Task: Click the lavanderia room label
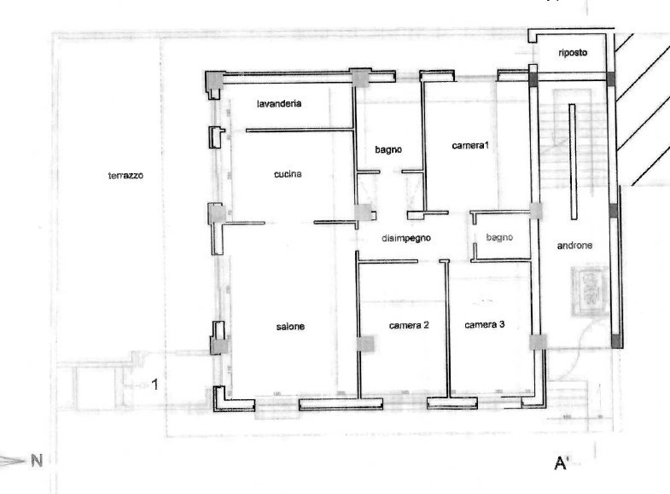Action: pyautogui.click(x=281, y=103)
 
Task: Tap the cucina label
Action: pyautogui.click(x=288, y=174)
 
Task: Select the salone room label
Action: pyautogui.click(x=290, y=326)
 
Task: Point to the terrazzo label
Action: pyautogui.click(x=125, y=176)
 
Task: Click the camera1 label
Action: pyautogui.click(x=470, y=146)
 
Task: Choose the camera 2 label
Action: pyautogui.click(x=408, y=325)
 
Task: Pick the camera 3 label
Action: pyautogui.click(x=485, y=324)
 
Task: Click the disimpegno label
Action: pyautogui.click(x=406, y=239)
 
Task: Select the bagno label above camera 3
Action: pyautogui.click(x=499, y=237)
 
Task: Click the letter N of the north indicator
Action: pyautogui.click(x=37, y=461)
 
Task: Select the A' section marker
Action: pyautogui.click(x=562, y=463)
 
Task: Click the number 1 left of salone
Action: pyautogui.click(x=155, y=385)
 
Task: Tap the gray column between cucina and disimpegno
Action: pyautogui.click(x=364, y=212)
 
